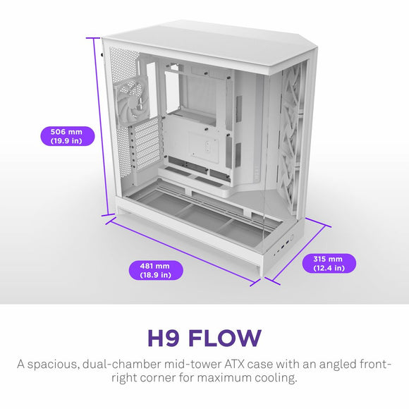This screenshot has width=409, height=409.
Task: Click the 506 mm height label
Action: [62, 136]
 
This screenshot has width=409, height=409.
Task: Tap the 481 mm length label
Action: [155, 270]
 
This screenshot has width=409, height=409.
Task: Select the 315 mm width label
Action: [329, 263]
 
